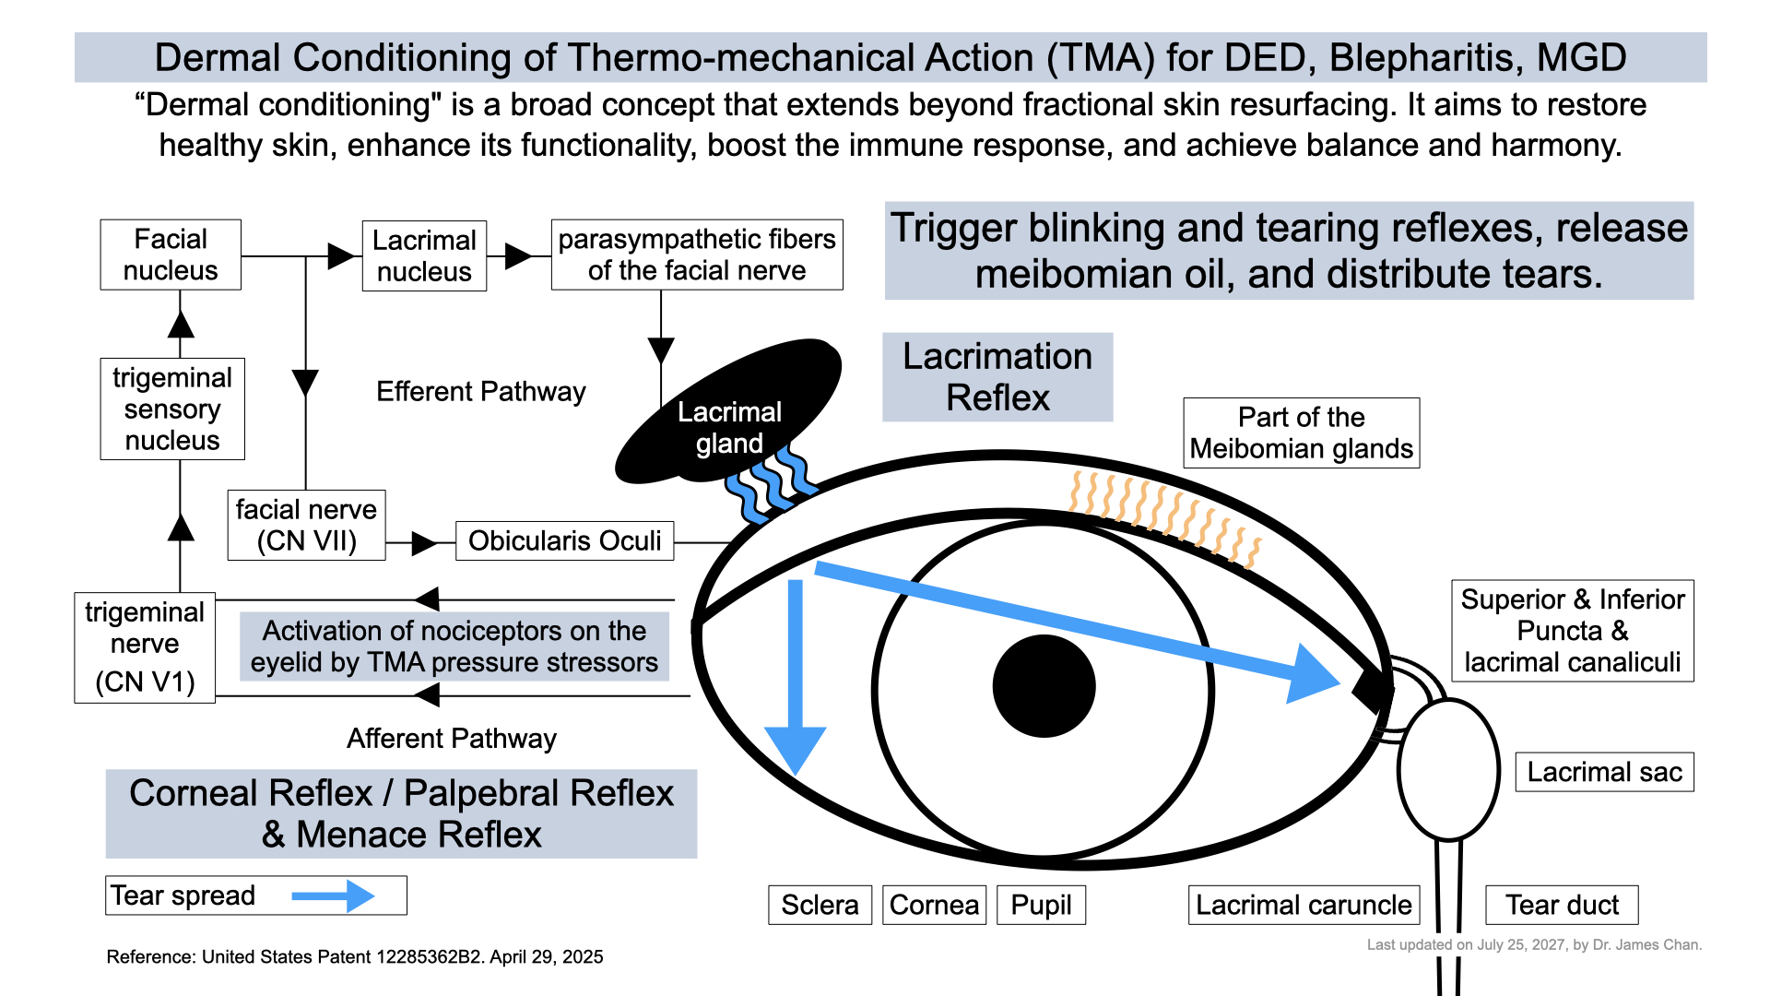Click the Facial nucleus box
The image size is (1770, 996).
[171, 255]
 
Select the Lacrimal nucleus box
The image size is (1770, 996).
[424, 255]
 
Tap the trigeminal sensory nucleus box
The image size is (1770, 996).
[172, 409]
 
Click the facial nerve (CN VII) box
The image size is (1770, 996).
[306, 525]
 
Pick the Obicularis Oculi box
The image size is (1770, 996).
[564, 540]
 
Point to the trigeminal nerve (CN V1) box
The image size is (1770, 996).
[145, 647]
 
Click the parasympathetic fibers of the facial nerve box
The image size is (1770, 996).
[697, 255]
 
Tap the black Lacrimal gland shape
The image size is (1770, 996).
[728, 411]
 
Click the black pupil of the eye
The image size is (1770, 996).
[1044, 686]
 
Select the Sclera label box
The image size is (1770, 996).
[820, 905]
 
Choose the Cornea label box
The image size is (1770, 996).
[934, 905]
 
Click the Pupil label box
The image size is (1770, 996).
[1041, 905]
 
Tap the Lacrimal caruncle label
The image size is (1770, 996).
[1304, 905]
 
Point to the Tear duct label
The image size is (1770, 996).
[1562, 905]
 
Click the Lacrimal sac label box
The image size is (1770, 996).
[1604, 772]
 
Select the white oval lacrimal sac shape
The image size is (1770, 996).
[1448, 770]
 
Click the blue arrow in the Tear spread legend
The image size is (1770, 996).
[333, 895]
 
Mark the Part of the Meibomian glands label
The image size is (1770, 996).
[1301, 433]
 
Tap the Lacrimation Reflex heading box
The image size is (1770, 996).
[997, 377]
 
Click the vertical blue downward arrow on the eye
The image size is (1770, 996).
[796, 678]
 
